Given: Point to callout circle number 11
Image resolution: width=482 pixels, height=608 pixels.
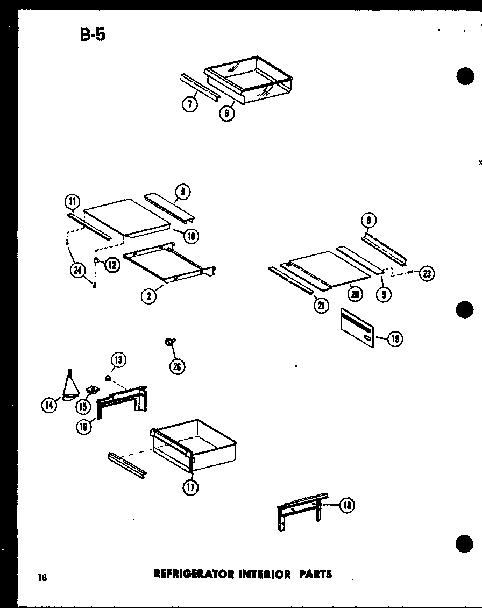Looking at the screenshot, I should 72,202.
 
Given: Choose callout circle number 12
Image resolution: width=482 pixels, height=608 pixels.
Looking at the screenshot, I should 112,265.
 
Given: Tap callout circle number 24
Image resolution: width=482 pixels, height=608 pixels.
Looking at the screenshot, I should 77,271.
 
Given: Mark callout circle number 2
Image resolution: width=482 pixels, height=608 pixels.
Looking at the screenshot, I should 148,295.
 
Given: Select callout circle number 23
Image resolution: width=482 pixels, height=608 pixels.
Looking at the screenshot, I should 427,274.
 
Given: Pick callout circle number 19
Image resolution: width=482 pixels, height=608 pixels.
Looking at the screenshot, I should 395,338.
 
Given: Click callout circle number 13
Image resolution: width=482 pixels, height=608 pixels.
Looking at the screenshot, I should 118,361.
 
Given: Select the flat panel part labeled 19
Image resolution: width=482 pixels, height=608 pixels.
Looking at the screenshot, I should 357,328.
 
